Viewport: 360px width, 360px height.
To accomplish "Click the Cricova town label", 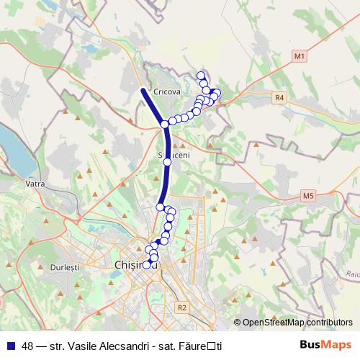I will tap(166, 91).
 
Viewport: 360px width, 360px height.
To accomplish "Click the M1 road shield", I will tap(300, 55).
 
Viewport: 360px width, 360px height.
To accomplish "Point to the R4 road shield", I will tap(280, 97).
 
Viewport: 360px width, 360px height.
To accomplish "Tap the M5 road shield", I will tap(308, 195).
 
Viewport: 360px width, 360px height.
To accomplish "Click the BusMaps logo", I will tap(330, 345).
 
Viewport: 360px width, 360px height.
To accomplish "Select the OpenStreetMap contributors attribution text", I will tap(297, 323).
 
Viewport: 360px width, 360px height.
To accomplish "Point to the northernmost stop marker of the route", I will tap(201, 76).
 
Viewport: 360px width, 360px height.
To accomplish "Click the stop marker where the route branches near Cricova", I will tap(165, 125).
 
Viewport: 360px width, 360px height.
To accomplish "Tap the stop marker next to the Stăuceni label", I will tap(167, 162).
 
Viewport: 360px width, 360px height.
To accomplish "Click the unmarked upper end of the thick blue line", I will tap(142, 90).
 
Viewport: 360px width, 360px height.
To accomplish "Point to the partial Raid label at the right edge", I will tap(352, 274).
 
